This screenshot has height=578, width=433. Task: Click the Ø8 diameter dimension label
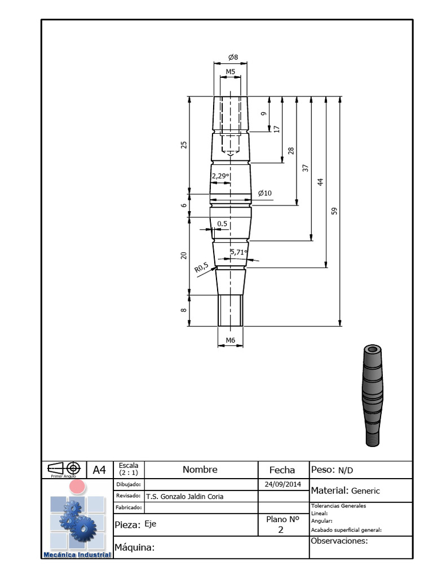[233, 58]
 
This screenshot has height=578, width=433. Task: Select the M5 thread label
[230, 72]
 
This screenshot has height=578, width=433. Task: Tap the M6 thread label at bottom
[230, 340]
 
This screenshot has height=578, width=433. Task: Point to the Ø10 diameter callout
[265, 193]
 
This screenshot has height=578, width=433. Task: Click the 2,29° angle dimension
[220, 176]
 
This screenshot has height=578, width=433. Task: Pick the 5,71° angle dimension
[238, 252]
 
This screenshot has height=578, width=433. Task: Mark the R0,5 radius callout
[201, 268]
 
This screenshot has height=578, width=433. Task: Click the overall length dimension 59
[334, 211]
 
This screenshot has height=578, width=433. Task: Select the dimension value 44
[320, 182]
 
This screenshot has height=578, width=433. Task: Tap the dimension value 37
[306, 168]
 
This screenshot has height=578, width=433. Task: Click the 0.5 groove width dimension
[222, 224]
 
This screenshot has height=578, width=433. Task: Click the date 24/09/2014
[283, 484]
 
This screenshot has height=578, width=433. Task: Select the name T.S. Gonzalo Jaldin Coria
[184, 497]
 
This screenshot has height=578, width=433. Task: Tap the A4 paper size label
[99, 470]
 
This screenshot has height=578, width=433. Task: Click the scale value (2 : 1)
[129, 472]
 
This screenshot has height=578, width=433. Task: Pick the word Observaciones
[339, 541]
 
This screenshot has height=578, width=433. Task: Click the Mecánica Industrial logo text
[77, 555]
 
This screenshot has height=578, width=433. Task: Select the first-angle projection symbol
[64, 468]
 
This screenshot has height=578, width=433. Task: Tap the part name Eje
[150, 524]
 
